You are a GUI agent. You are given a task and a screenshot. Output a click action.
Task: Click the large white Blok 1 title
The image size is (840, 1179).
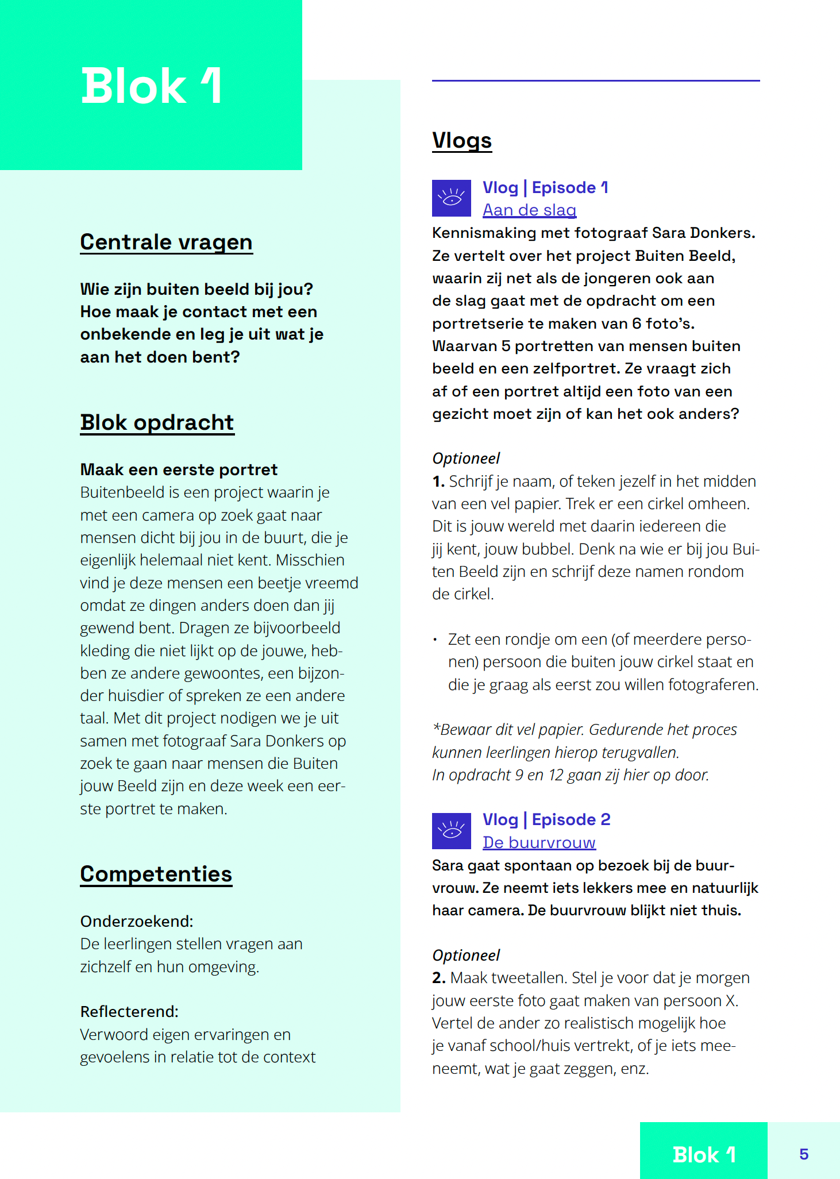pos(151,86)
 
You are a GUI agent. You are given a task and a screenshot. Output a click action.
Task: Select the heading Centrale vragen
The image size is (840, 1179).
pos(166,242)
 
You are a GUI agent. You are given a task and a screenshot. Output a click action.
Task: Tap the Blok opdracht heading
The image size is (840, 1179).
pos(157,422)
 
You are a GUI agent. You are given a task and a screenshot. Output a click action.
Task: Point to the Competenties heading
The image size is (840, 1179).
pos(156,874)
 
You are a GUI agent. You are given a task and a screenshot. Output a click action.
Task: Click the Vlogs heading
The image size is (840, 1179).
pos(461,141)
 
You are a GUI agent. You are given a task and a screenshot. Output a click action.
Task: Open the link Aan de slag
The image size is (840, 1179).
pos(529,210)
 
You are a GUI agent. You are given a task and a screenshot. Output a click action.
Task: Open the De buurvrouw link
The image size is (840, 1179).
pos(539,842)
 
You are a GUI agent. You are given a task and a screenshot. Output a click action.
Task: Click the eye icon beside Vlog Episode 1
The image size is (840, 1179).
pos(451,198)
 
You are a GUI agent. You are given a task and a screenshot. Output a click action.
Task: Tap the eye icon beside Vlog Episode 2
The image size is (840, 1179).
pos(451,831)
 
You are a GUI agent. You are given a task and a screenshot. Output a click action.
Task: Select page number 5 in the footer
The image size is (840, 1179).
pos(804,1154)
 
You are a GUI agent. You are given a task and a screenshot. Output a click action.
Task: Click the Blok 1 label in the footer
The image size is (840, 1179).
pos(703,1154)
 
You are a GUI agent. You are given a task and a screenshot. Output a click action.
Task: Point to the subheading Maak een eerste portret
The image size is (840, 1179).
pos(179,469)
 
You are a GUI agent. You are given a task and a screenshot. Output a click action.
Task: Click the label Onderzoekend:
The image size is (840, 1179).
pos(137,921)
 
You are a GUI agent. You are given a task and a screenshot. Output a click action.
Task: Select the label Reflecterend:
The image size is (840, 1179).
pos(129,1011)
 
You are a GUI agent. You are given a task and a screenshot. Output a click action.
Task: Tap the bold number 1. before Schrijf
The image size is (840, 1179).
pos(438,481)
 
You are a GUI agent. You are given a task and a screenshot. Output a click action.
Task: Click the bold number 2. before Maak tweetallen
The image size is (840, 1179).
pos(439,978)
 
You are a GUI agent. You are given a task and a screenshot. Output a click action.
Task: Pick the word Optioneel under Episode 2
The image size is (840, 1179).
pos(466,955)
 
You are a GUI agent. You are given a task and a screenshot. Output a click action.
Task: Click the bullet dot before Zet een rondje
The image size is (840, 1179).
pos(436,639)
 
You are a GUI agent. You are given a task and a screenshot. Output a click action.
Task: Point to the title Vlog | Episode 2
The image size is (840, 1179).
pos(546,819)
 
